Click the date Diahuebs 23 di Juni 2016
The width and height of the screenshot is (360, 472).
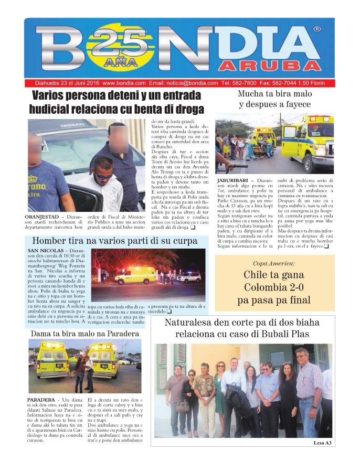click(x=63, y=83)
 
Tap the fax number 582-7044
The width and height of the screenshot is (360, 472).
click(x=284, y=83)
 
